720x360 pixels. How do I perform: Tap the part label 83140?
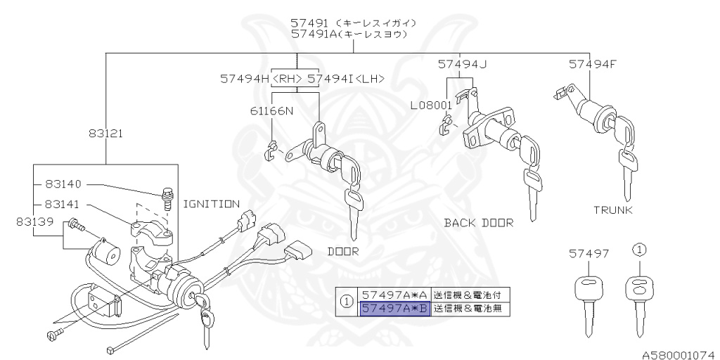pyautogui.click(x=63, y=184)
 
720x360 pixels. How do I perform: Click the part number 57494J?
pyautogui.click(x=462, y=64)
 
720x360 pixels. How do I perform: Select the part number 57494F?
pyautogui.click(x=593, y=64)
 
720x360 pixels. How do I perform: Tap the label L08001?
pyautogui.click(x=432, y=105)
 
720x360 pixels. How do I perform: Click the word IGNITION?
pyautogui.click(x=211, y=204)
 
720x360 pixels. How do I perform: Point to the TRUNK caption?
pyautogui.click(x=613, y=210)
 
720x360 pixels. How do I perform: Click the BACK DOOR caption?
pyautogui.click(x=479, y=223)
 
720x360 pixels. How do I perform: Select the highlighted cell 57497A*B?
pyautogui.click(x=394, y=309)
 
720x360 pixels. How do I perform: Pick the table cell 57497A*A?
pyautogui.click(x=394, y=294)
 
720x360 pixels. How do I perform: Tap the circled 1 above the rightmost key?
pyautogui.click(x=639, y=249)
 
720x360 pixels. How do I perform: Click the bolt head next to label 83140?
pyautogui.click(x=167, y=191)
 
